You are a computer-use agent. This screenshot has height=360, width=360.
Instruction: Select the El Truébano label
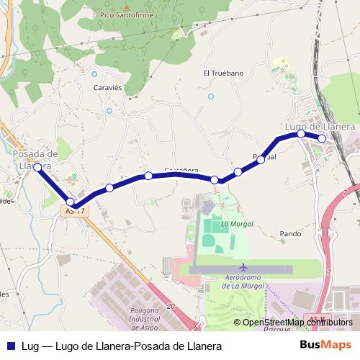pos(223,73)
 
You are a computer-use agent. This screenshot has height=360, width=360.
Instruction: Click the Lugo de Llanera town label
pos(320,126)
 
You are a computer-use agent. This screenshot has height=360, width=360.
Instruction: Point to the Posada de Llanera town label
pos(35,159)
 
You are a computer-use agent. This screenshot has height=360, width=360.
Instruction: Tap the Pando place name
pos(290,234)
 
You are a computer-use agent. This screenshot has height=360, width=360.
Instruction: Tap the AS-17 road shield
pos(75,211)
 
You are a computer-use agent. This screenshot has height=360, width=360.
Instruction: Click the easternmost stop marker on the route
pos(322,138)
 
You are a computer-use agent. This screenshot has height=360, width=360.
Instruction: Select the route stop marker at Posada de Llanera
pos(37,167)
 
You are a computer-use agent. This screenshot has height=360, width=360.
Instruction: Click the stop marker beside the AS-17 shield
pos(71,202)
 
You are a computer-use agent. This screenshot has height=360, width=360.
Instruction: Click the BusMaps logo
pos(325,345)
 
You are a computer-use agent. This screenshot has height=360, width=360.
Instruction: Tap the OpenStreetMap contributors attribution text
pos(297,323)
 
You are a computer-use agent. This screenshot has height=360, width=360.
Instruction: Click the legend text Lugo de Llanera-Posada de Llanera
pos(138,346)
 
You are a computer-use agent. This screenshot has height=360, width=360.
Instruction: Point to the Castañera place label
pos(181,171)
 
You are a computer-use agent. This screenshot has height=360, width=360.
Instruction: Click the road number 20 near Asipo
pos(170,307)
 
